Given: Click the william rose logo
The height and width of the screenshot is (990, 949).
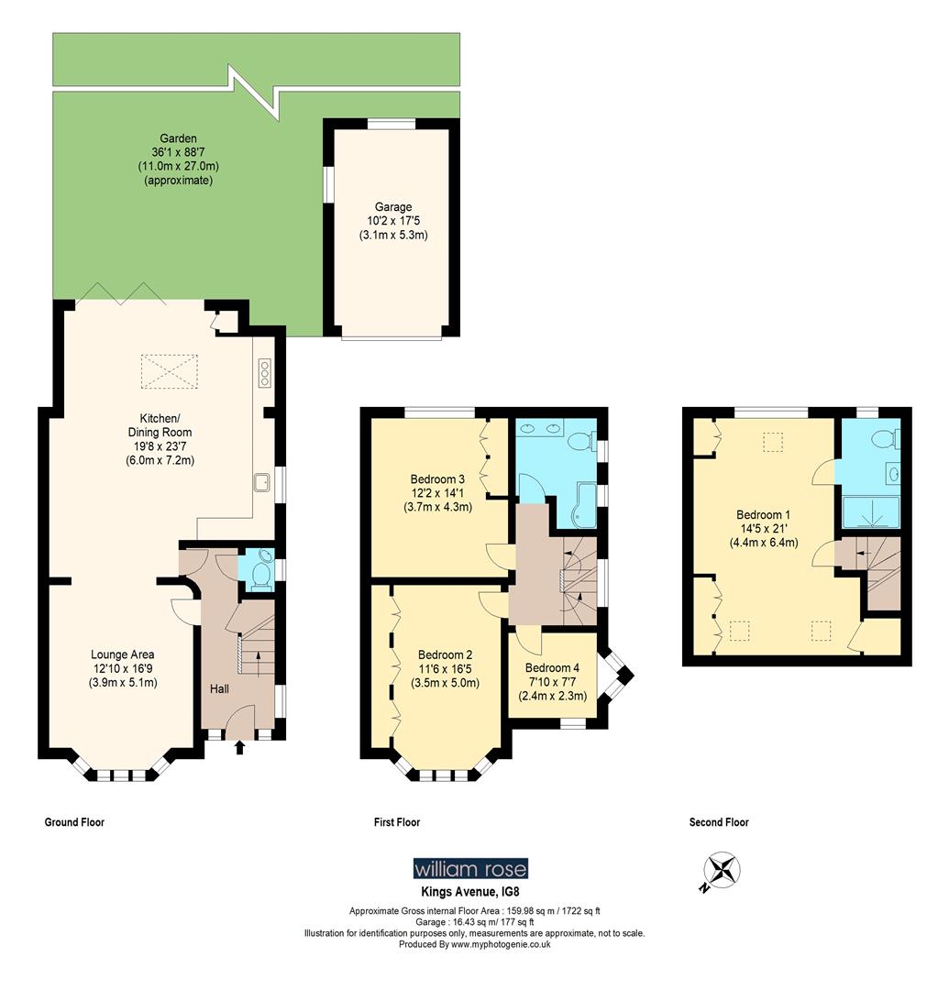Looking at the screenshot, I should [470, 868].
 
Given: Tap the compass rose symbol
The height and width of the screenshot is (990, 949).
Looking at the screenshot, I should [722, 870].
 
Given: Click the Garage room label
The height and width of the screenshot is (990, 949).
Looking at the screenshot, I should [392, 207].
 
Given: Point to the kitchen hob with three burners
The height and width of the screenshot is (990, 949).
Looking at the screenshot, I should [265, 373].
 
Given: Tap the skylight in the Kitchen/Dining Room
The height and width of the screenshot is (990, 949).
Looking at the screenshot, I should [169, 371].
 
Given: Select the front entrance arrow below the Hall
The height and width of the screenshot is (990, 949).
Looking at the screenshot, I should [240, 749].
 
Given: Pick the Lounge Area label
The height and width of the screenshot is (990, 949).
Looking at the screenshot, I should [122, 654].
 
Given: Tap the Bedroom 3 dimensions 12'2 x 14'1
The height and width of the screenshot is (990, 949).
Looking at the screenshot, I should [437, 493].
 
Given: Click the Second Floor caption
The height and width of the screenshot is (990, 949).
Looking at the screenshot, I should [719, 823].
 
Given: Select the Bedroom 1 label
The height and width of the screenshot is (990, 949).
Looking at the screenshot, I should [763, 514].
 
